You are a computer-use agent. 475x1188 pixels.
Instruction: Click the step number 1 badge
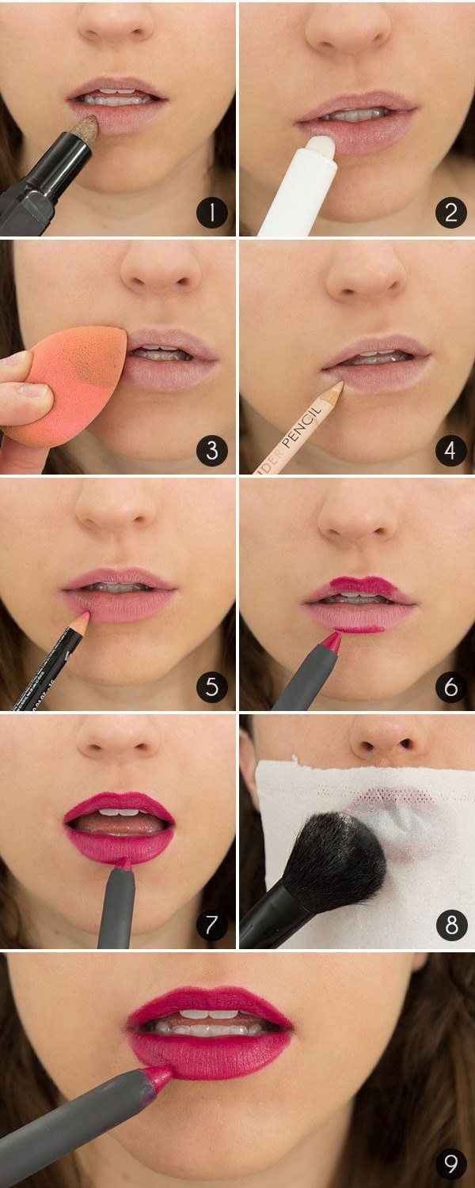pyautogui.click(x=211, y=213)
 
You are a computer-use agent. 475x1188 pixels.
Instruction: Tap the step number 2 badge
pyautogui.click(x=450, y=213)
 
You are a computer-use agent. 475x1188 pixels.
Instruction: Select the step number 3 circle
pyautogui.click(x=211, y=451)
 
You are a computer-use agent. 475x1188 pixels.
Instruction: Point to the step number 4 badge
pyautogui.click(x=450, y=451)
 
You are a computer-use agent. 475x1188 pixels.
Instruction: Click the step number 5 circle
pyautogui.click(x=211, y=687)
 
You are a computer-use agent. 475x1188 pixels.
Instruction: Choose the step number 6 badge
pyautogui.click(x=450, y=687)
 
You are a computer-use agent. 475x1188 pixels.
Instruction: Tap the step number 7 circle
pyautogui.click(x=211, y=925)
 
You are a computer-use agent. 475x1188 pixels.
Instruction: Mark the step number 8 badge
pyautogui.click(x=450, y=925)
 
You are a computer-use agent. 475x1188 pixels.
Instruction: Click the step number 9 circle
pyautogui.click(x=450, y=1163)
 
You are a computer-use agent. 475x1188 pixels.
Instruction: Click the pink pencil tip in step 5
pyautogui.click(x=83, y=616)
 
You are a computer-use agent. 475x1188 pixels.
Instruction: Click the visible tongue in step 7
pyautogui.click(x=119, y=824)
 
